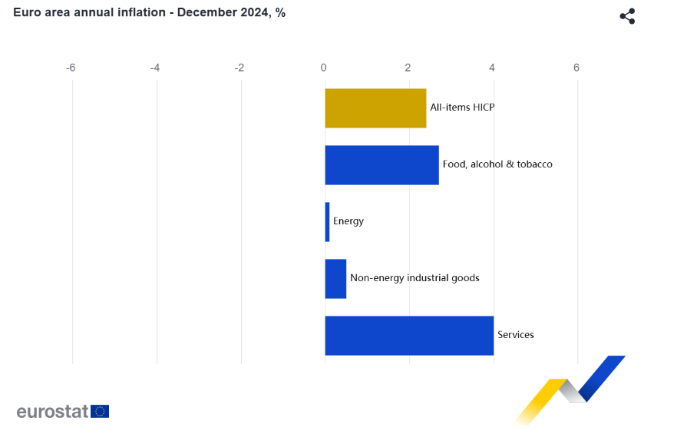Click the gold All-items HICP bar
[375, 108]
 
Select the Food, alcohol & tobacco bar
[382, 165]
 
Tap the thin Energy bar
[327, 222]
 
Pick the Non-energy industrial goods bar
[335, 279]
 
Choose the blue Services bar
[409, 336]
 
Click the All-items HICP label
[462, 108]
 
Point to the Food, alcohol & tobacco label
[497, 164]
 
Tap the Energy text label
[348, 221]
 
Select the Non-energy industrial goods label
[415, 278]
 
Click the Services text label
[516, 335]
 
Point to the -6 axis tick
[71, 68]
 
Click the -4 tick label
[155, 68]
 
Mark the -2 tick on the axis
[239, 68]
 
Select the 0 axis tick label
[324, 68]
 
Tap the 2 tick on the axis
[408, 68]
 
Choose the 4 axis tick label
[493, 68]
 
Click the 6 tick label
[576, 68]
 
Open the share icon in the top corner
[627, 16]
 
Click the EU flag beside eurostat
[100, 411]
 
